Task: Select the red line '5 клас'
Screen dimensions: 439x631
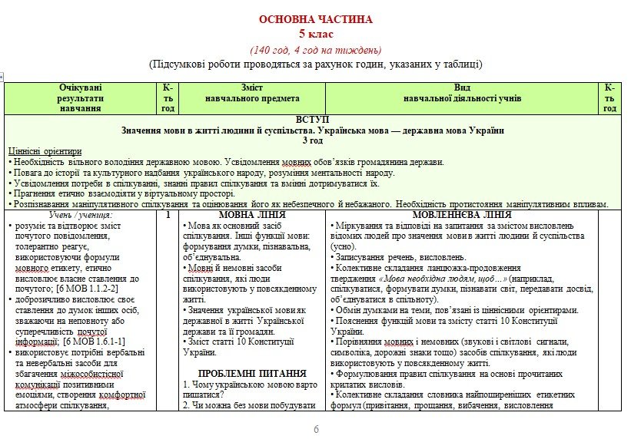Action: [x=315, y=34]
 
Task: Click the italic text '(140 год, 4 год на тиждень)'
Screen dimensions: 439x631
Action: [x=315, y=49]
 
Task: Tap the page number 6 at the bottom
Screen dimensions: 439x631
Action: [x=315, y=428]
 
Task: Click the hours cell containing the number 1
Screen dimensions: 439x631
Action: [x=168, y=216]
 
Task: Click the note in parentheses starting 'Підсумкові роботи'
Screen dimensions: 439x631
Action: [x=315, y=64]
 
